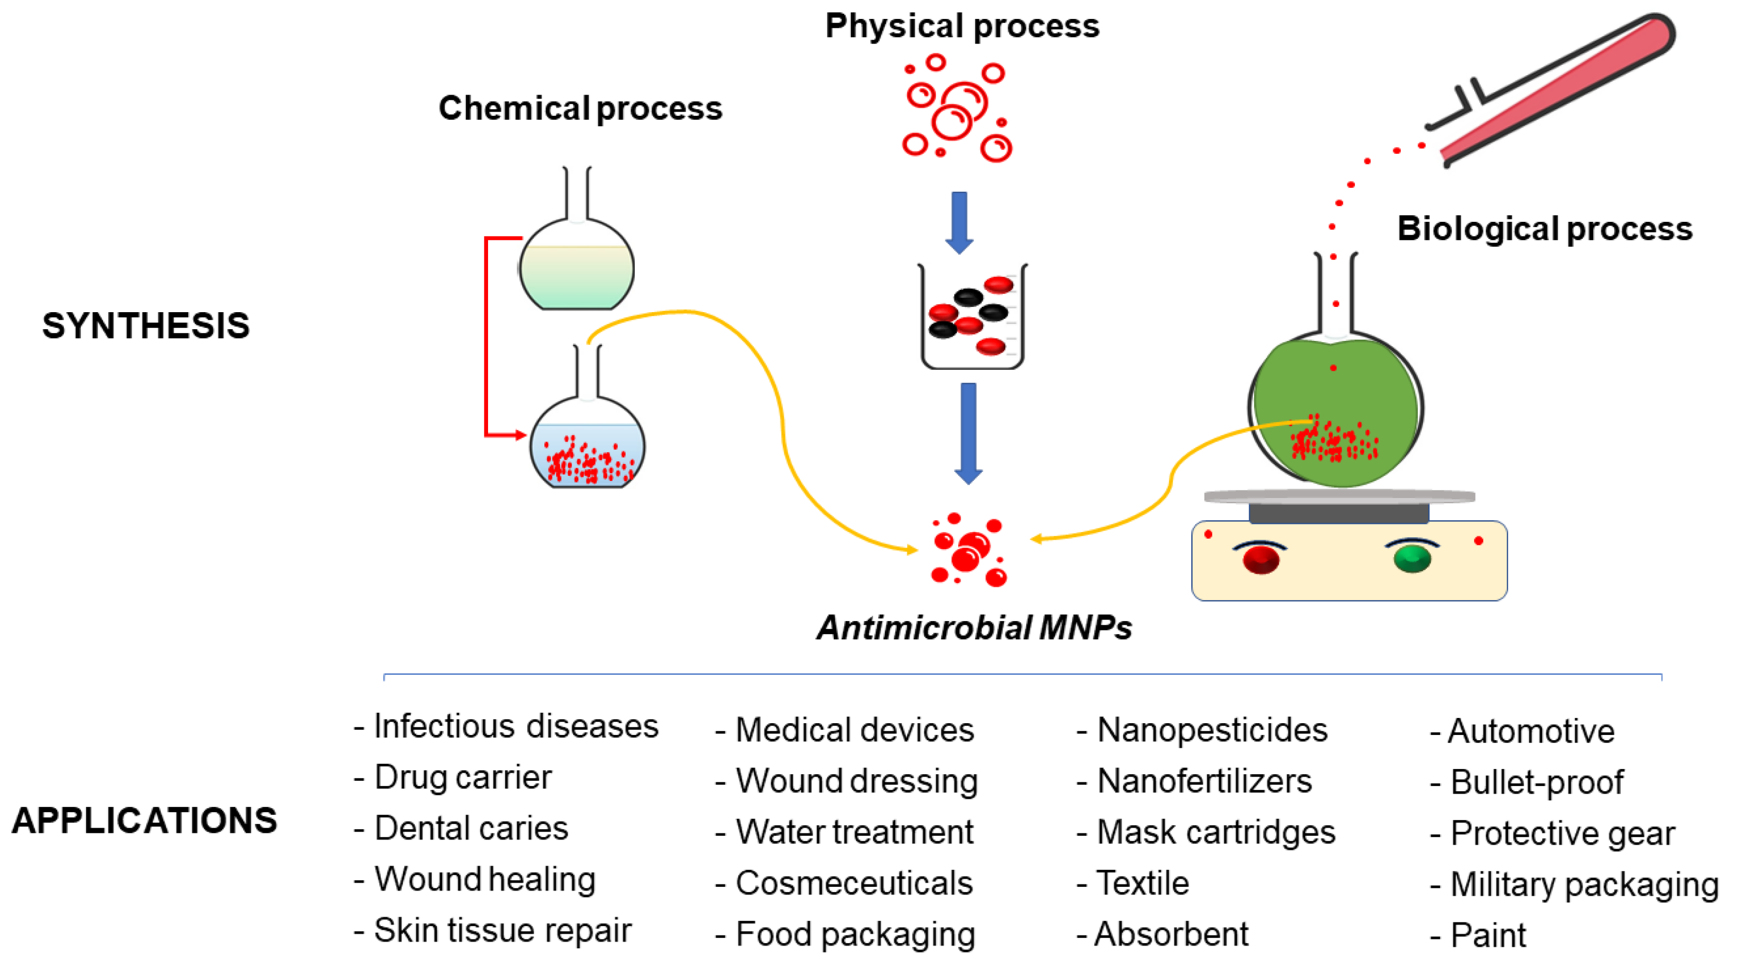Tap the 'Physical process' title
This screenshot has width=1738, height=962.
pos(961,26)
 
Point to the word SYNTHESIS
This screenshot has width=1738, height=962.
pos(146,326)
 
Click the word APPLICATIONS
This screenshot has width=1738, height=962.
pos(144,820)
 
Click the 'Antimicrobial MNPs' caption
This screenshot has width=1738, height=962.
pos(974,628)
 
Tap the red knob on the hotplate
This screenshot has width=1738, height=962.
pos(1260,559)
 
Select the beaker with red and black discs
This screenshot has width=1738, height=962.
pos(971,317)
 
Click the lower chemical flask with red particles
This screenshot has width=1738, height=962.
pos(587,445)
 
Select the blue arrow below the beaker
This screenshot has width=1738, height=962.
pos(968,432)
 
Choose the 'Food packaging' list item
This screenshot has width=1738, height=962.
pos(854,935)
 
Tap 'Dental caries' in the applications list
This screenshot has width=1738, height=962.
pos(470,829)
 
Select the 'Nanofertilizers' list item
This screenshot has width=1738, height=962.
pos(1203,781)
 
